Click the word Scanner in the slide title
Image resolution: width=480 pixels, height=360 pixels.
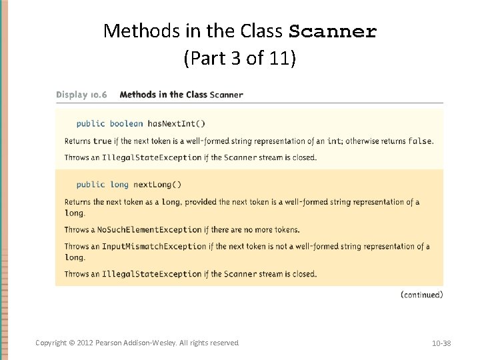333,31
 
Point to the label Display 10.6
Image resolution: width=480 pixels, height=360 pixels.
81,95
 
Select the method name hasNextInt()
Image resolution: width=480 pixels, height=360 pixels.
176,123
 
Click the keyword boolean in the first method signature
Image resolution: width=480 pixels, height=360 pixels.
126,123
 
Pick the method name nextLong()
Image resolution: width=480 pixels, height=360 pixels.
157,185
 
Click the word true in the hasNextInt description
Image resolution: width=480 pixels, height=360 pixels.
102,141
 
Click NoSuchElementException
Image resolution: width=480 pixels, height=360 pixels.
149,230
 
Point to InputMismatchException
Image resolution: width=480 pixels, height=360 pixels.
153,247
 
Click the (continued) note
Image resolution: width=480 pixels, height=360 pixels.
421,295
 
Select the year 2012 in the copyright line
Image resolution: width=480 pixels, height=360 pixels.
85,343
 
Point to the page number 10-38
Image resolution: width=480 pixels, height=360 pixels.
441,343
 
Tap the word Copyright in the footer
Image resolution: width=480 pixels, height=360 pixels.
50,343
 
